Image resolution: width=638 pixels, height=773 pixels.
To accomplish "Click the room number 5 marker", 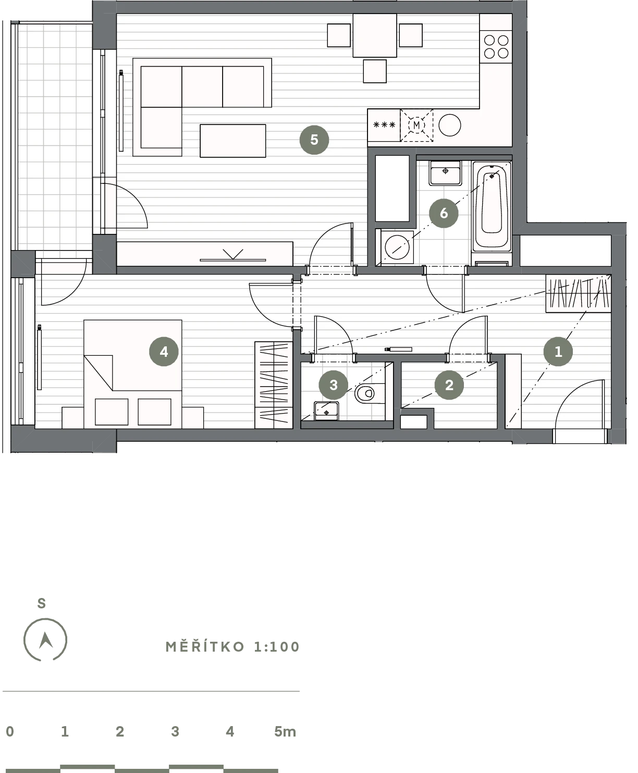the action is coord(314,140).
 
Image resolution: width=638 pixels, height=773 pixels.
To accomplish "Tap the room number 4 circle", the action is coord(164,352).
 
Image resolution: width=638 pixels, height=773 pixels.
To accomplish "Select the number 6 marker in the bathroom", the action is coord(444,213).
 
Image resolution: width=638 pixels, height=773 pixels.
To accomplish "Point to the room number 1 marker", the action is coord(558,352).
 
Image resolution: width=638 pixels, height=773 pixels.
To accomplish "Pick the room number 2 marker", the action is coord(449,385).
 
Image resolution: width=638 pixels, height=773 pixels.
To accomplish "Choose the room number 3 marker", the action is coord(334,385).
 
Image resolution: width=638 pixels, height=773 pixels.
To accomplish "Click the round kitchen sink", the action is coord(450,125).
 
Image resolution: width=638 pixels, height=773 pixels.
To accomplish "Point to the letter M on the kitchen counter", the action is coord(416,125).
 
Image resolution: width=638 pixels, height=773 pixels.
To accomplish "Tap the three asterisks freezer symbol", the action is coord(384,125).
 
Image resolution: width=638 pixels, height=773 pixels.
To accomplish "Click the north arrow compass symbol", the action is coord(45,640).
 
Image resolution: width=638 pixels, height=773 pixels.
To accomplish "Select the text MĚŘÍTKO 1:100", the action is coord(232,647).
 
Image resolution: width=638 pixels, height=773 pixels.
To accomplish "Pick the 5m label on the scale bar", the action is coord(285,731).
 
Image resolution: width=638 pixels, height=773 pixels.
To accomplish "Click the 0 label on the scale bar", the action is coord(10,731).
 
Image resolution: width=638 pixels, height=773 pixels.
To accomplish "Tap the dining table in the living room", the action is coord(375,35).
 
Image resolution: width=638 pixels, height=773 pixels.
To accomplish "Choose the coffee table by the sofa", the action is coord(232,141).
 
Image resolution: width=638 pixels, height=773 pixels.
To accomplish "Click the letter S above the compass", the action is coord(42,603).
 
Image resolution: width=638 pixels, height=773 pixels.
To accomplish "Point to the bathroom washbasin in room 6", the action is coord(445,173).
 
